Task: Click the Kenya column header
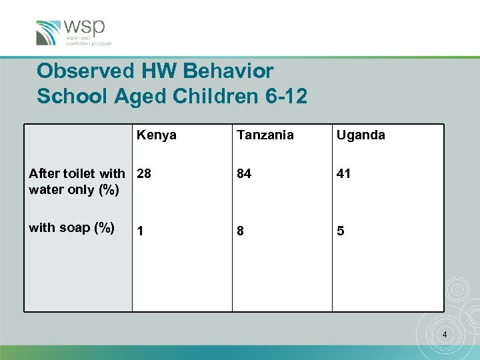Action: click(x=157, y=135)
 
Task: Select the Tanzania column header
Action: click(x=265, y=135)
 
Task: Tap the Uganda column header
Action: click(x=361, y=135)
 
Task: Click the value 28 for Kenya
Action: click(x=144, y=174)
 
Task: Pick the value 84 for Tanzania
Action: click(x=244, y=174)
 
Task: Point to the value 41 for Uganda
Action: click(x=343, y=174)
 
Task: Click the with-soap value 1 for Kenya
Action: click(x=140, y=231)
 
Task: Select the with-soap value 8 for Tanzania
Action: click(x=240, y=231)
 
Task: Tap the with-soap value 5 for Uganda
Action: click(x=340, y=231)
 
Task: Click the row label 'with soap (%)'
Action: click(x=71, y=228)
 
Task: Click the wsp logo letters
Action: click(x=85, y=27)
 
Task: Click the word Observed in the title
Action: click(x=79, y=71)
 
